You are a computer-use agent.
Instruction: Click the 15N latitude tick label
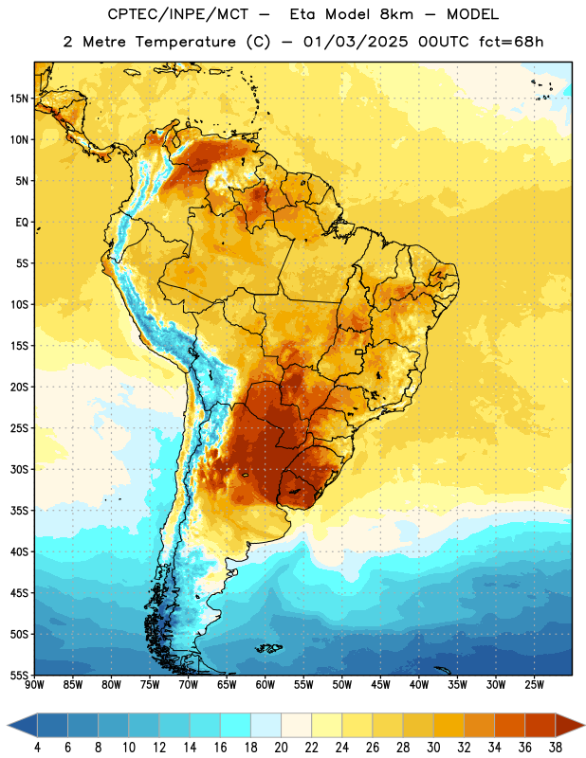(x=18, y=99)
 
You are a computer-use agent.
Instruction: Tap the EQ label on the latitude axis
(x=22, y=223)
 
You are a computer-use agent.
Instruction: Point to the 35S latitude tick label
(x=18, y=511)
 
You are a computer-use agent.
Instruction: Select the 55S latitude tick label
(x=18, y=675)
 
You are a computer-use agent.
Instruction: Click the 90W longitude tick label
(x=34, y=684)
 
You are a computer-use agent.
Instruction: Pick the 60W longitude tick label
(x=266, y=684)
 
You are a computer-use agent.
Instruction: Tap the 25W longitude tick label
(x=534, y=684)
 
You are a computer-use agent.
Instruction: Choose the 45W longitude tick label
(x=380, y=684)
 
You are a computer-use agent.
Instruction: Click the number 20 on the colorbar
(x=281, y=748)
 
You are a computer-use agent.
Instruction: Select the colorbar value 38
(x=556, y=748)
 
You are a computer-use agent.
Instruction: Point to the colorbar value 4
(x=37, y=748)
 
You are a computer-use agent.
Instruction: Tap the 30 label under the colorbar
(x=433, y=748)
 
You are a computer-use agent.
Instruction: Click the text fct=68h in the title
(x=511, y=42)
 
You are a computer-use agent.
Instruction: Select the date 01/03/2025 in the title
(x=356, y=42)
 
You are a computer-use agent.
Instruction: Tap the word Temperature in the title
(x=185, y=42)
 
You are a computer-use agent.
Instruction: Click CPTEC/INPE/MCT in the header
(x=178, y=14)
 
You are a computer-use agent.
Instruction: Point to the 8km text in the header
(x=396, y=14)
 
